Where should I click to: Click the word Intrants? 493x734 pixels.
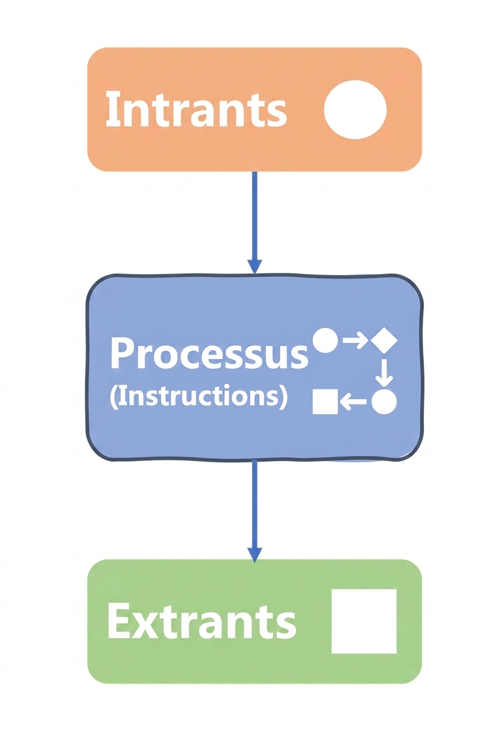(196, 109)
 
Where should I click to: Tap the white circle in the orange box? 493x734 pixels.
(355, 109)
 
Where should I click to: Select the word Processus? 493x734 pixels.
(209, 353)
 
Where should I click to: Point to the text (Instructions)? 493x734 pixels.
(199, 397)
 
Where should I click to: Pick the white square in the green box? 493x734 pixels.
(364, 621)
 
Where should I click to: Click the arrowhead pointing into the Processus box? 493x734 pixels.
(255, 266)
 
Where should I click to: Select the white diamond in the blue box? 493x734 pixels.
(384, 341)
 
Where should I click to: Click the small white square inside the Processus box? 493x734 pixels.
(325, 402)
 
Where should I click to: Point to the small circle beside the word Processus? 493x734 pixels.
(325, 340)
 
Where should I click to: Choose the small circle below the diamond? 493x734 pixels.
(384, 402)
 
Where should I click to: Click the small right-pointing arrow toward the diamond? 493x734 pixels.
(355, 340)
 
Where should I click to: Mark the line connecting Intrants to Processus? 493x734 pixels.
(255, 215)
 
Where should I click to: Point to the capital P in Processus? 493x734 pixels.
(122, 352)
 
